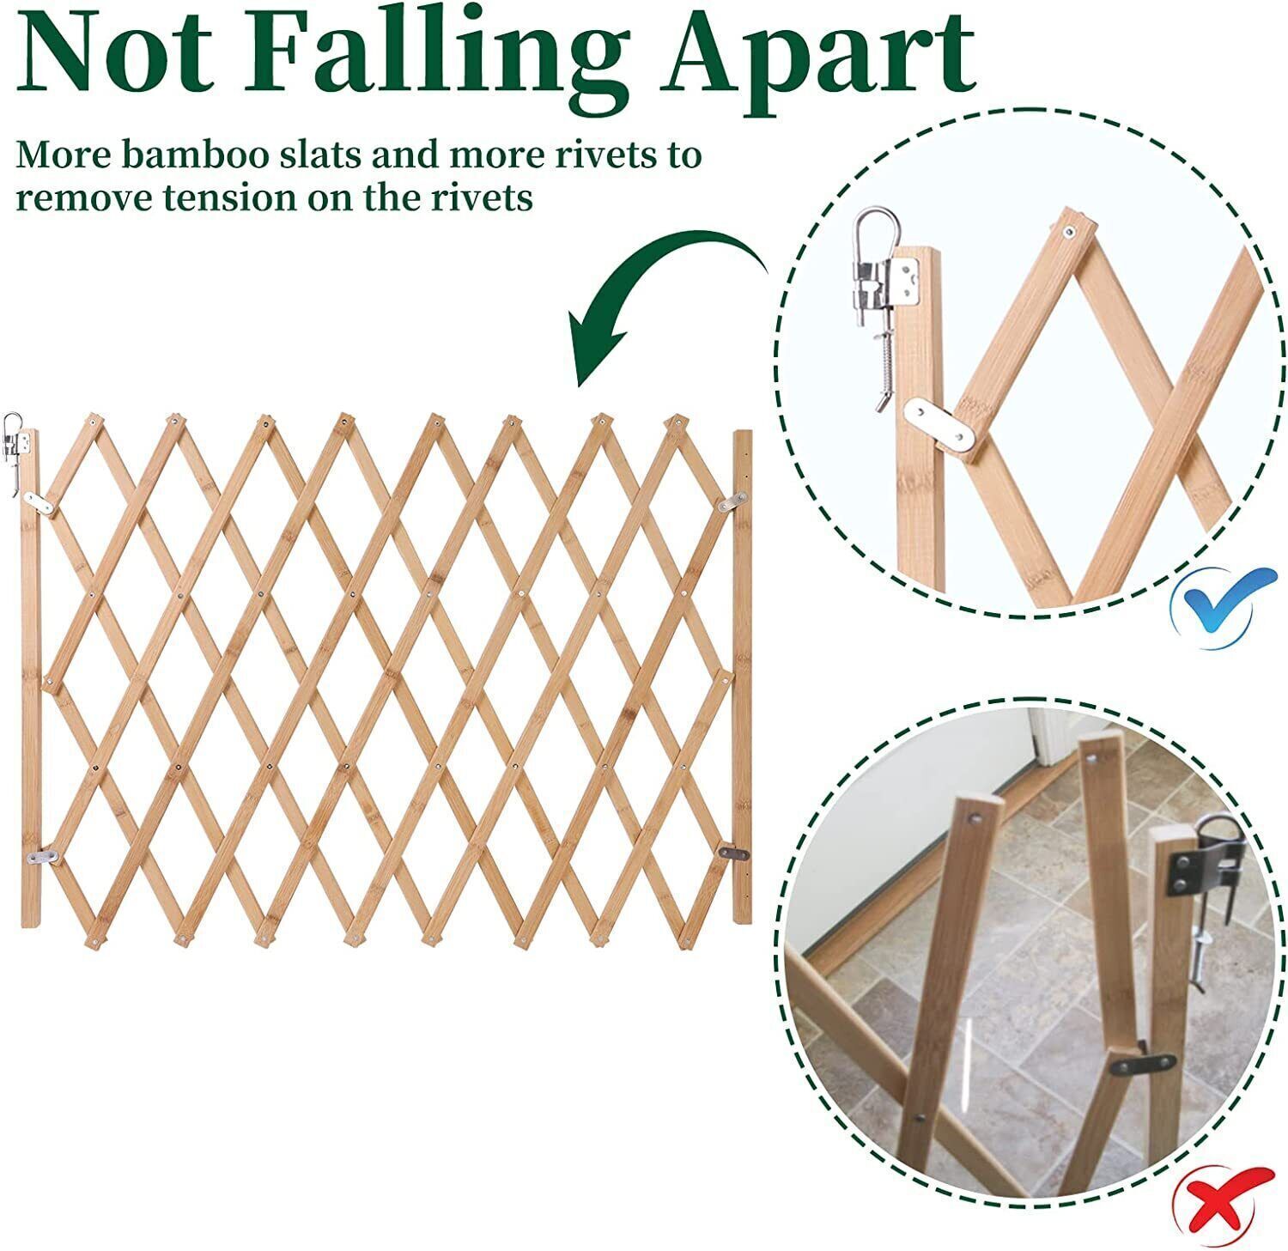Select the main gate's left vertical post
click(30, 677)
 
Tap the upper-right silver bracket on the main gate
click(732, 501)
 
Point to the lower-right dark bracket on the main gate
click(732, 853)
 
